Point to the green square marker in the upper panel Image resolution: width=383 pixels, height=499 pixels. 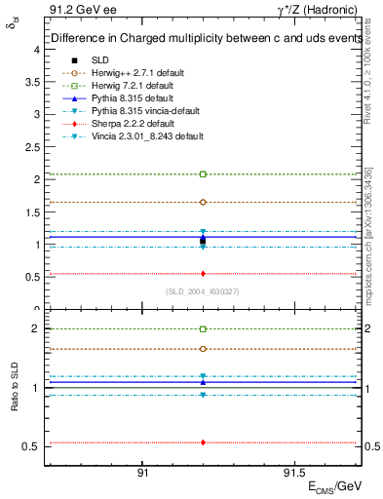coord(203,173)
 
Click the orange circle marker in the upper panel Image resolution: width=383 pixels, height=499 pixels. coord(203,202)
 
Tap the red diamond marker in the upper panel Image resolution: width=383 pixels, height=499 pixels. coord(203,274)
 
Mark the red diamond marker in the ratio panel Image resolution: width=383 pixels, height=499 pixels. coord(203,442)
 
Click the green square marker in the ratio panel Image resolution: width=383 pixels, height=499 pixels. coord(203,329)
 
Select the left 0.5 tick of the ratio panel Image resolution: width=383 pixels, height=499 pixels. coord(31,446)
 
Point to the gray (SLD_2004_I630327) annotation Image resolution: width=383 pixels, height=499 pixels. coord(202,292)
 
